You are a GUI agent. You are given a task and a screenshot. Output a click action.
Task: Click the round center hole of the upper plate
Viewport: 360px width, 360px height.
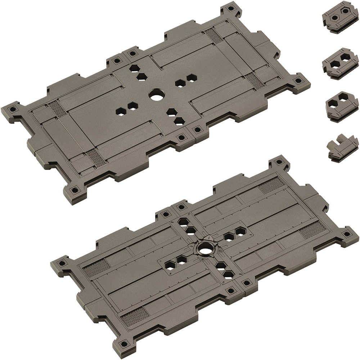point(157,95)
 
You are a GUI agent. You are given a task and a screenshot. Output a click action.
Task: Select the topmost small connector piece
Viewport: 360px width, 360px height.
point(341,17)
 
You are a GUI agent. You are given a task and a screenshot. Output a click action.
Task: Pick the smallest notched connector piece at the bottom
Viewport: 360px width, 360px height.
point(342,148)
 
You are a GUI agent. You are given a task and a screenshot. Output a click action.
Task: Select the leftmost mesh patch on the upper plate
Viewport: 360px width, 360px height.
point(57,108)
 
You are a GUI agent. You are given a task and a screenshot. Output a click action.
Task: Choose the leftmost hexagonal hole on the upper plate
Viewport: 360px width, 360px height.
point(121,112)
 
